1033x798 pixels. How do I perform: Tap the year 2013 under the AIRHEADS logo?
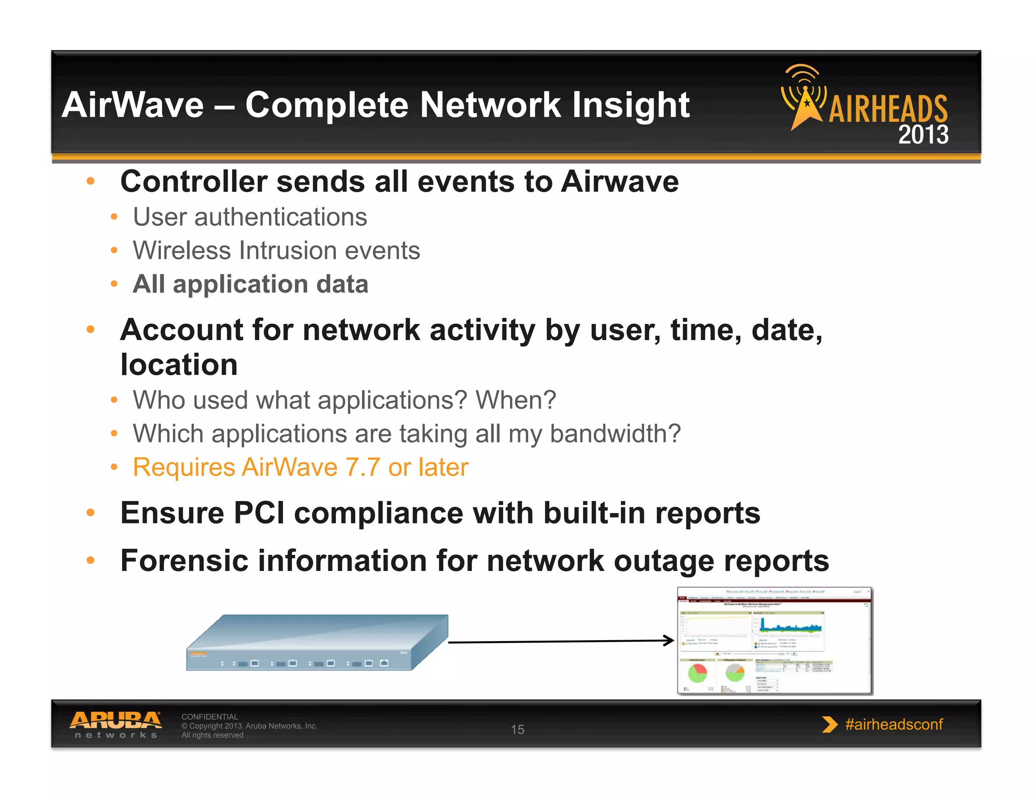(923, 135)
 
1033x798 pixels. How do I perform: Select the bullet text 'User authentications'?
(250, 217)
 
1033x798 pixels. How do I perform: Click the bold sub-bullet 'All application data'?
(250, 284)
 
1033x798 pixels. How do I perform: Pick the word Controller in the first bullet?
(194, 182)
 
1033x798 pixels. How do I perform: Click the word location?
(179, 365)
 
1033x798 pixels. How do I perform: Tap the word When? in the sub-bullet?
(515, 400)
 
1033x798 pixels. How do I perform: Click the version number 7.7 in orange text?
(362, 467)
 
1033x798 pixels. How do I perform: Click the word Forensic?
(184, 561)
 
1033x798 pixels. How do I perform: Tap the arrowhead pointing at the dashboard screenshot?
(669, 641)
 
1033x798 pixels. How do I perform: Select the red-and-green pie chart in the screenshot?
(697, 673)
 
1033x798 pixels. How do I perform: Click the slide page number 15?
(518, 729)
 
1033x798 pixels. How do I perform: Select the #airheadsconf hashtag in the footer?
(893, 724)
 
